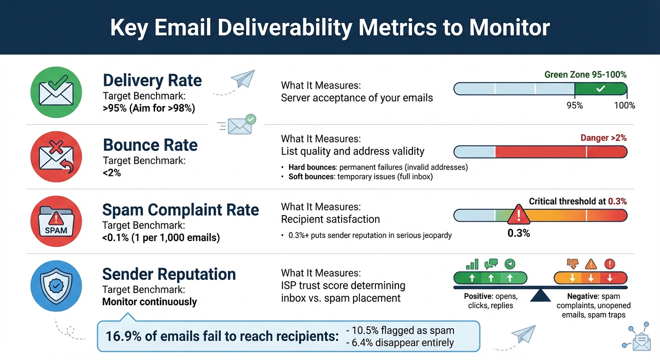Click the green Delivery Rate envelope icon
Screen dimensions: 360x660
[x=56, y=92]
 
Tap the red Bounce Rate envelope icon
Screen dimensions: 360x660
[x=56, y=157]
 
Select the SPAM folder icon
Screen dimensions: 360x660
[x=56, y=221]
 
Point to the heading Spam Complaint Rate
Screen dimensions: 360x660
[x=180, y=210]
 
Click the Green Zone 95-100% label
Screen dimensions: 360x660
[x=585, y=75]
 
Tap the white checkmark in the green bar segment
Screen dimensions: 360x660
[x=600, y=89]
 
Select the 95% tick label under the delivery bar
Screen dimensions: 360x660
[x=575, y=105]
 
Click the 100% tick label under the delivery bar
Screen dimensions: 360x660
[x=624, y=105]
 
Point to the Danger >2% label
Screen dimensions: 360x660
[x=603, y=138]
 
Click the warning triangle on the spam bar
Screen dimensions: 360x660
[x=518, y=215]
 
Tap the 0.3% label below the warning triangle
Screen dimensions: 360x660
[x=518, y=233]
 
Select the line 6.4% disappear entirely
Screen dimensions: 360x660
[x=399, y=343]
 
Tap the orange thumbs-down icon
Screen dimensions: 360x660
[x=572, y=263]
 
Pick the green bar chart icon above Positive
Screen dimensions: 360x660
[x=472, y=263]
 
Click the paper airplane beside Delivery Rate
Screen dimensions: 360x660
[x=242, y=79]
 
